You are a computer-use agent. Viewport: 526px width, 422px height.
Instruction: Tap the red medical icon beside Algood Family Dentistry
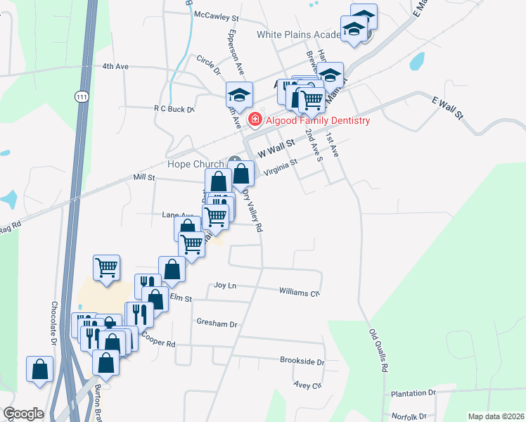(254, 121)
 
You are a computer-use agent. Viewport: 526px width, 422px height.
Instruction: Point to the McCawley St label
(218, 15)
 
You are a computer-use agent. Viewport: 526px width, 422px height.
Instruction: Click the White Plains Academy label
(299, 34)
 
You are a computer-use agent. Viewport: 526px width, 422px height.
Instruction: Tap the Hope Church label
(195, 165)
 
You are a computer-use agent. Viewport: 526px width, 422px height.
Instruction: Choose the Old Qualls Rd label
(379, 350)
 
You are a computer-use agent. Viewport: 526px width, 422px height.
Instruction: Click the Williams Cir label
(300, 291)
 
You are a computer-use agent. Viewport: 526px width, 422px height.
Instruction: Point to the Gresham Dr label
(217, 324)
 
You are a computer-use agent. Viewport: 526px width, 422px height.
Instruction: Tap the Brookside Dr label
(302, 362)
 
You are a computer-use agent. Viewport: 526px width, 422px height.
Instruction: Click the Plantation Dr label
(413, 393)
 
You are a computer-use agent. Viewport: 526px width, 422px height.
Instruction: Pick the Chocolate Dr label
(53, 324)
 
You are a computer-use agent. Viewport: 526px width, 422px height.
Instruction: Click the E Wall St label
(450, 108)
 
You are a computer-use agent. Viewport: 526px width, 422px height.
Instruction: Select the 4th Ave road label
(115, 66)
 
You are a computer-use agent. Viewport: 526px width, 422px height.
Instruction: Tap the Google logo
(23, 414)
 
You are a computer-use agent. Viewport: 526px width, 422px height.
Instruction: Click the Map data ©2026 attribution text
(495, 416)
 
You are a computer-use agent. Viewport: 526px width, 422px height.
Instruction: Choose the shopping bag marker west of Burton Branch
(40, 369)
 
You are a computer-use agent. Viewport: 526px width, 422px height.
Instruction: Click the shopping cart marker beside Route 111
(106, 267)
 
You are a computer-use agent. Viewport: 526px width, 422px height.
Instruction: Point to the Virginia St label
(281, 167)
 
